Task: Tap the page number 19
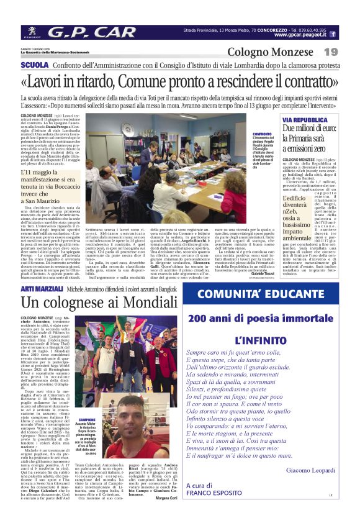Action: pos(331,52)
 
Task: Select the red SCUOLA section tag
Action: pos(34,65)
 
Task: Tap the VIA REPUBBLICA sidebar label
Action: pos(287,119)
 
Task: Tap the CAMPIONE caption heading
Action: pos(87,420)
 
